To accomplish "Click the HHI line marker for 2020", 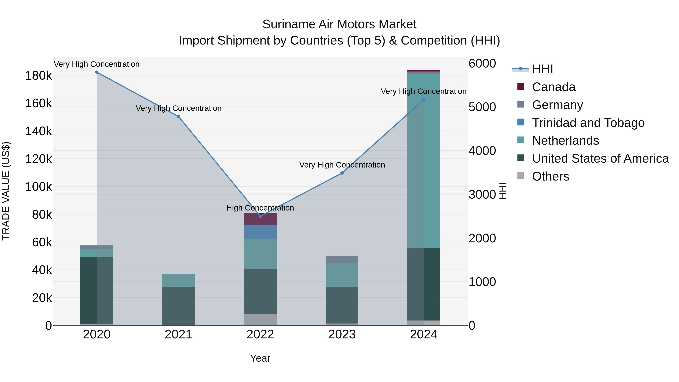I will (97, 72).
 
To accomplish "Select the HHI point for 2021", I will (178, 117).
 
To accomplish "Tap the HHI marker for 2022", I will (260, 216).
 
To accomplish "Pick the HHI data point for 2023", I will (342, 173).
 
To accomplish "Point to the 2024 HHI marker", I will (424, 100).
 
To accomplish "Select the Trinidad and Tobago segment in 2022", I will (260, 232).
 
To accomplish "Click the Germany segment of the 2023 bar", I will (342, 259).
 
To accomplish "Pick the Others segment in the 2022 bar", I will (260, 320).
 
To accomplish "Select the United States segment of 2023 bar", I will (342, 305).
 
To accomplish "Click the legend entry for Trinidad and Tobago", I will (588, 123).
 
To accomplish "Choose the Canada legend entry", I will (554, 87).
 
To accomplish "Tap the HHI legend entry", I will (542, 69).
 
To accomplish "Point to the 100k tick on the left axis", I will (38, 187).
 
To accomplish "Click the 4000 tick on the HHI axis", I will (482, 151).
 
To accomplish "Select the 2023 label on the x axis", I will (342, 334).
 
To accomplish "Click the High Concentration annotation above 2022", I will (260, 208).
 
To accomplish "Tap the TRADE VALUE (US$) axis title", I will (6, 191).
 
